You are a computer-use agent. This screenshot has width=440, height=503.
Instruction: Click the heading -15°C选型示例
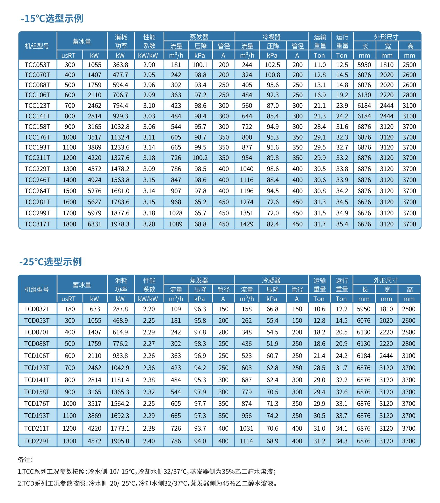pos(52,18)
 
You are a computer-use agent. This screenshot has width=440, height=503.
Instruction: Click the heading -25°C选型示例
pos(51,262)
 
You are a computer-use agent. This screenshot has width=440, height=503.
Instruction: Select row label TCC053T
pos(37,65)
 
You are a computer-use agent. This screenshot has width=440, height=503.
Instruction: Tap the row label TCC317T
pos(37,224)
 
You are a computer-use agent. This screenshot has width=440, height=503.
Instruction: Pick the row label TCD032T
pos(37,309)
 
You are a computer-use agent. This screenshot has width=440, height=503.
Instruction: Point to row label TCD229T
pos(37,441)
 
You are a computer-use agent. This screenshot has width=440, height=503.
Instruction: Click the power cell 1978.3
pos(120,224)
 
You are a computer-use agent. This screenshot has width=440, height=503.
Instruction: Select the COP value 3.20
pos(149,224)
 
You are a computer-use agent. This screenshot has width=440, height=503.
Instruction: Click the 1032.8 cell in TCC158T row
pos(120,127)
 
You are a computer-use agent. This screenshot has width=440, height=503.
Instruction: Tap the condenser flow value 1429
pos(247,224)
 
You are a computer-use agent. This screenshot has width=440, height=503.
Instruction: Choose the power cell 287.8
pos(120,309)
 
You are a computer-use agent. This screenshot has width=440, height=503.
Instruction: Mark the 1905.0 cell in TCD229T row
pos(120,441)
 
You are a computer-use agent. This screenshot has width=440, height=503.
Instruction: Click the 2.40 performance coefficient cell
pos(149,441)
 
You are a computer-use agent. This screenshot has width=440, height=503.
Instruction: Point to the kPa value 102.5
pos(272,65)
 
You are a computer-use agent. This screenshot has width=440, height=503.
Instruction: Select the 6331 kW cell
pos(95,224)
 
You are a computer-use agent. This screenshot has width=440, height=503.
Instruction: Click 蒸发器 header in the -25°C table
pos(199,280)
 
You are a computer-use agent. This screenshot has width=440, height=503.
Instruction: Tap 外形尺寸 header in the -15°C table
pos(386,37)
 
